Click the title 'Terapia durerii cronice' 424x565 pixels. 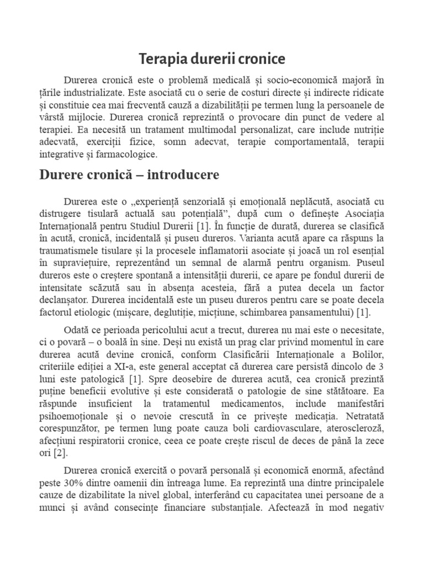[211, 58]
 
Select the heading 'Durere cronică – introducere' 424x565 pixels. [129, 175]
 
